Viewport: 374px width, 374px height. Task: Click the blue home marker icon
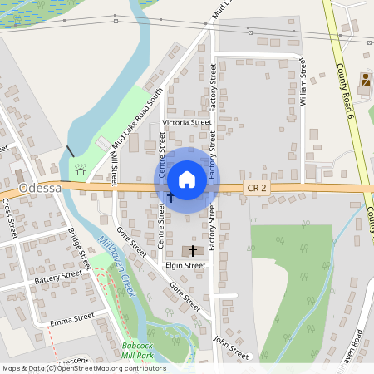pos(187,180)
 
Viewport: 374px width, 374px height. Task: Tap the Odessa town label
pos(40,189)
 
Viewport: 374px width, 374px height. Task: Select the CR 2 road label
pos(257,189)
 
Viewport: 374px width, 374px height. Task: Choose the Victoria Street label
pos(187,122)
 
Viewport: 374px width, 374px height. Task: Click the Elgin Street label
pos(185,266)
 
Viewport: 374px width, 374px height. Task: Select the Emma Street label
pos(71,318)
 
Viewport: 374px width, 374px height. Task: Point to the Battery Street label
pos(59,278)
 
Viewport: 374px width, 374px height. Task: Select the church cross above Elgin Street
pos(194,250)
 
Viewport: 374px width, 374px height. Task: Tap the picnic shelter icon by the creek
pos(81,167)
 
